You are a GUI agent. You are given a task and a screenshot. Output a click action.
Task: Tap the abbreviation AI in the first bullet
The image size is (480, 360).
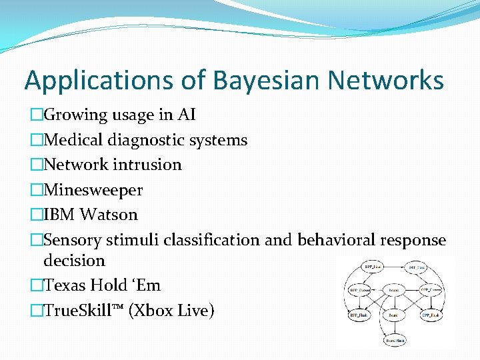(186, 115)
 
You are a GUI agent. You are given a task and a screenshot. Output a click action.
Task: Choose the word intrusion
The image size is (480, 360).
(147, 165)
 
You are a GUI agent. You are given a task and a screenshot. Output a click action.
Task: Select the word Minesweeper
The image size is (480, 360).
(93, 190)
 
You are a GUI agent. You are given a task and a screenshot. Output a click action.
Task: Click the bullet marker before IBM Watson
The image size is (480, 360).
(36, 215)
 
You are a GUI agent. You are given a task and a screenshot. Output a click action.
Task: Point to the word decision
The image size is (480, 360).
(74, 261)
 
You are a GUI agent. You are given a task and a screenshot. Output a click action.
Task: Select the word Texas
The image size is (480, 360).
(65, 285)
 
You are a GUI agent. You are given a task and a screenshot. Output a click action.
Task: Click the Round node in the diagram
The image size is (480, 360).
(394, 290)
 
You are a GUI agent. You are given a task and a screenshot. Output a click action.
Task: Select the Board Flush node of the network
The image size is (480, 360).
(394, 339)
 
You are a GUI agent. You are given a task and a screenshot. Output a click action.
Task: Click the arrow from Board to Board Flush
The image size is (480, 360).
(394, 328)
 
